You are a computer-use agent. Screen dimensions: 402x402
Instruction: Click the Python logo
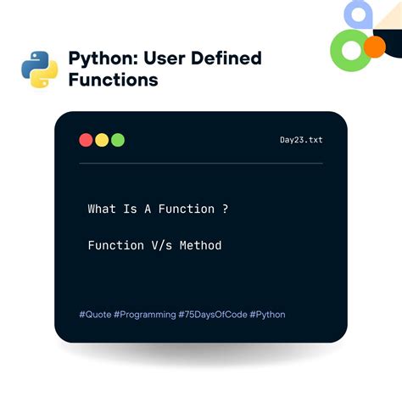39,70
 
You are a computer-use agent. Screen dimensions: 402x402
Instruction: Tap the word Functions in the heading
113,81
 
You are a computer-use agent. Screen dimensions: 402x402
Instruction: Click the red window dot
86,140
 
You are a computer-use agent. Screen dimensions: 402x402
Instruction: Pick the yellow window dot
102,140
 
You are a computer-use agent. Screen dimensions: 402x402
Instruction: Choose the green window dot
118,140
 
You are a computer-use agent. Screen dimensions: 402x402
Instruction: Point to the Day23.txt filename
300,140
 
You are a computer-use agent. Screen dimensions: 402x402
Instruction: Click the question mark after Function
224,209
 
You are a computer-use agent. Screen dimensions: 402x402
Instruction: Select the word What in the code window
102,209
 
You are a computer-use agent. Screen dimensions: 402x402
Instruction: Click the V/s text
161,245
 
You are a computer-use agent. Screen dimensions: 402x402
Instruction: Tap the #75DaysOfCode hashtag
212,315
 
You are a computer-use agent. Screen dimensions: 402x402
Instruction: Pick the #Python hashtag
267,315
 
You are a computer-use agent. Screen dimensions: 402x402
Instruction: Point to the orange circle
374,46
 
